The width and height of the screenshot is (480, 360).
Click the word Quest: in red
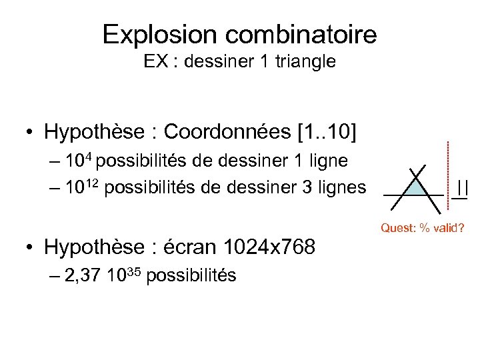[397, 229]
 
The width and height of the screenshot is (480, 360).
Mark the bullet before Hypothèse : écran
[30, 249]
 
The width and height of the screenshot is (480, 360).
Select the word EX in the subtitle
[155, 63]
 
